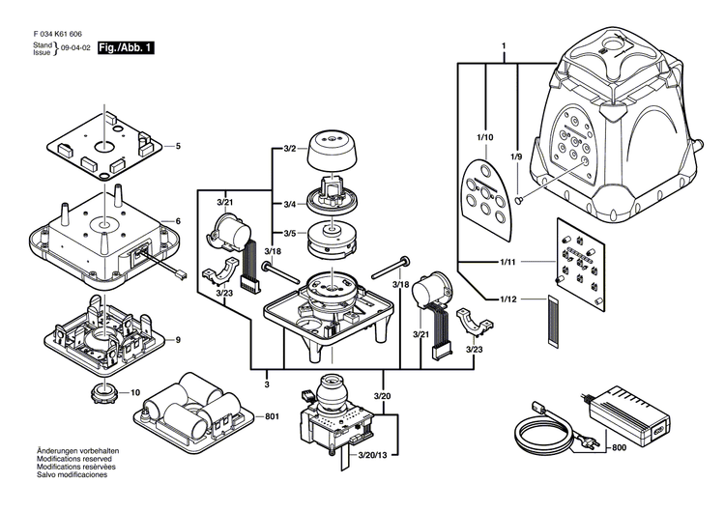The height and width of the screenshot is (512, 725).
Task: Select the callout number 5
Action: pyautogui.click(x=177, y=147)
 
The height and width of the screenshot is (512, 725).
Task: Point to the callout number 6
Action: pyautogui.click(x=177, y=221)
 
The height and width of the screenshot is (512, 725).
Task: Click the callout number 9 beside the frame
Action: pyautogui.click(x=177, y=339)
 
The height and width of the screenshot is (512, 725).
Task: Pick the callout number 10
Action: pyautogui.click(x=135, y=392)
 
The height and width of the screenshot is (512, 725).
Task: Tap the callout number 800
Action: pyautogui.click(x=615, y=447)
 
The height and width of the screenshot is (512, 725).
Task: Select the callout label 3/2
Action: pyautogui.click(x=289, y=149)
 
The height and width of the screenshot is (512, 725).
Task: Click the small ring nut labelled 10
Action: pyautogui.click(x=102, y=393)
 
